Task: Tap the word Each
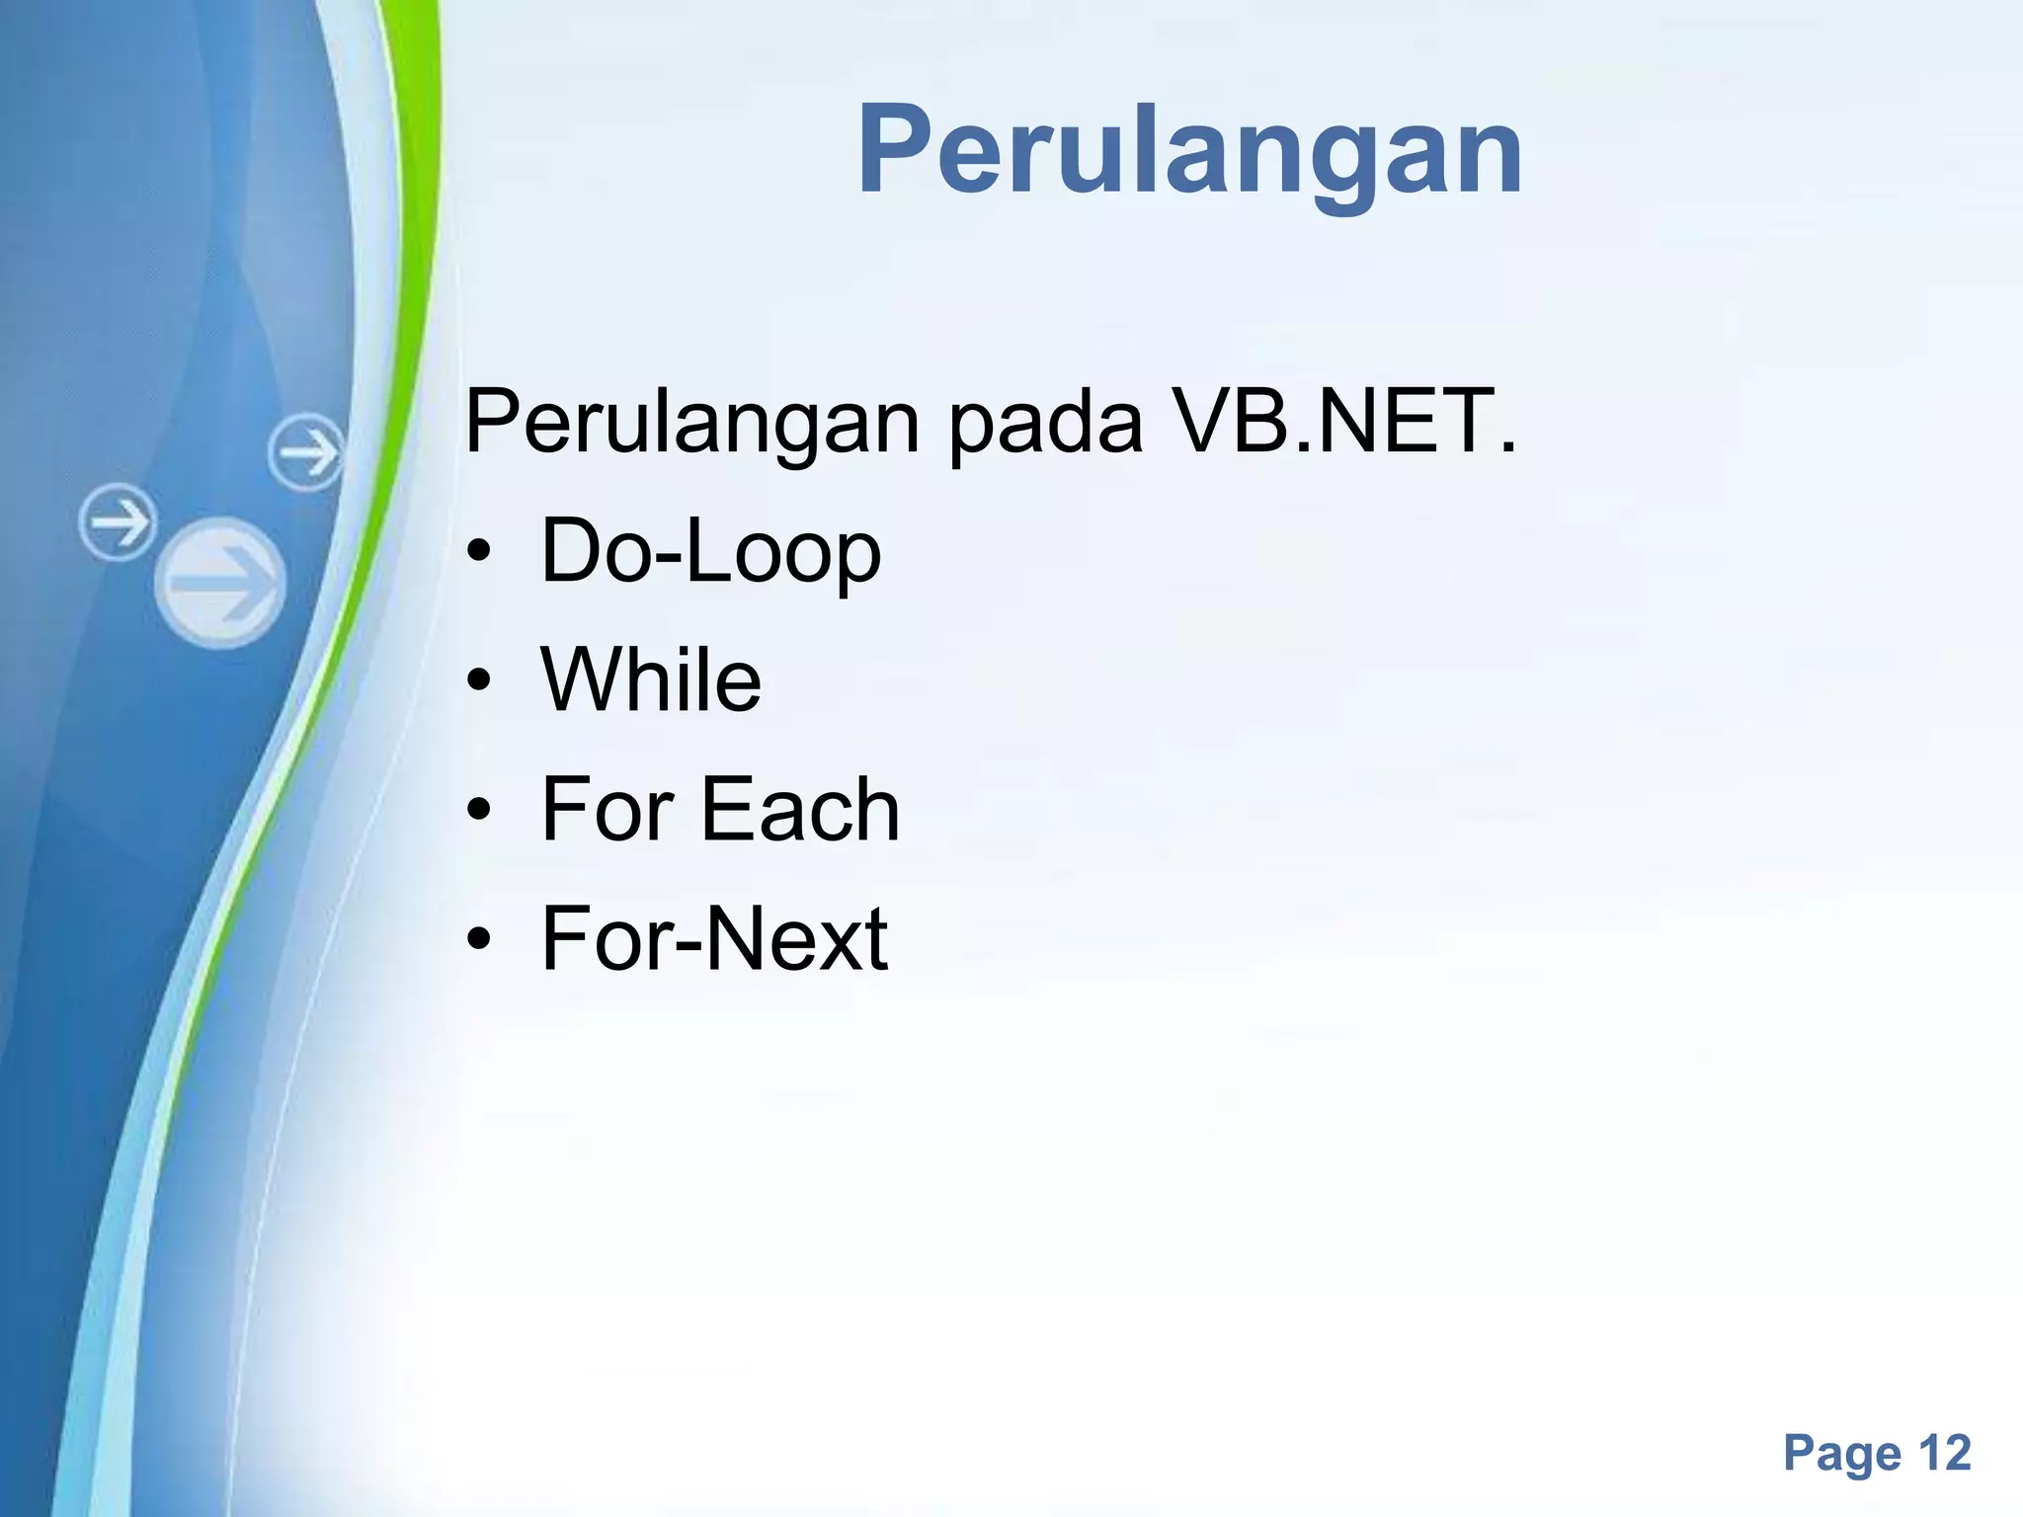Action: pos(800,809)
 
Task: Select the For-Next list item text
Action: pos(714,938)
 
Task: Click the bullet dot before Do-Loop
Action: pos(479,554)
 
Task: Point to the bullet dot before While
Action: pos(479,682)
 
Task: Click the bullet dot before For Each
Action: pos(479,811)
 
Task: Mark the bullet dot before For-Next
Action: pos(479,939)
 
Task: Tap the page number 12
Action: pos(1944,1453)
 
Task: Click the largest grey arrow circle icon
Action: pos(220,583)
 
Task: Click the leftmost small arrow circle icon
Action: pos(119,522)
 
